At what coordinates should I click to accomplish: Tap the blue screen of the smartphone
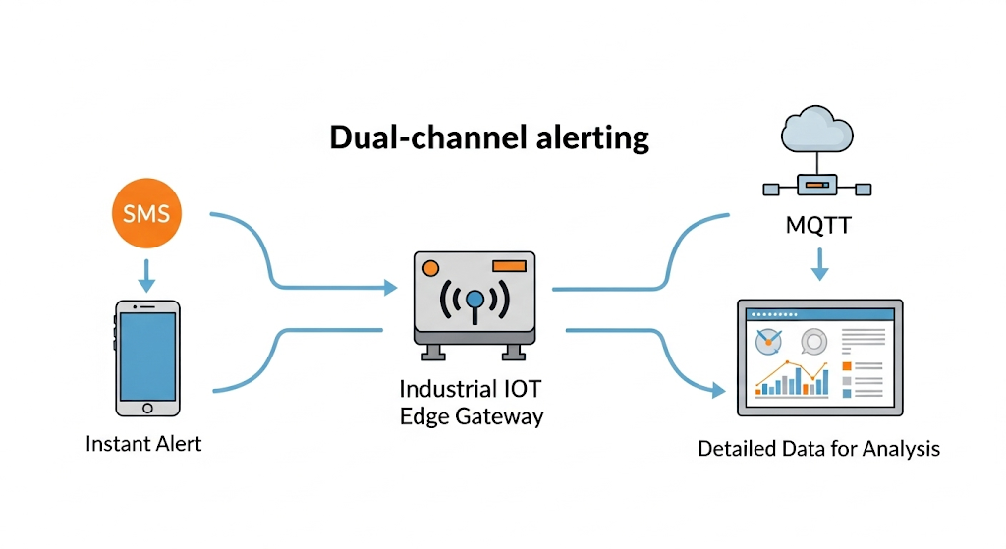click(146, 355)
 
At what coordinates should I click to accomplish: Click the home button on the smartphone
click(146, 407)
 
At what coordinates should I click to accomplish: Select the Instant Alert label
click(143, 443)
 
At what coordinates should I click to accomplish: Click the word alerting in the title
click(592, 137)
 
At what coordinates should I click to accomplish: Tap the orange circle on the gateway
click(429, 266)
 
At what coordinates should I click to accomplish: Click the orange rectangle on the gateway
click(508, 265)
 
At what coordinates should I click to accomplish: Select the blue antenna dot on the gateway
click(475, 299)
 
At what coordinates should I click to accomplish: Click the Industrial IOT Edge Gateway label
click(472, 402)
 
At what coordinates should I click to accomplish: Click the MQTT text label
click(818, 226)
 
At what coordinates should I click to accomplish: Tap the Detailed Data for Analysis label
click(818, 449)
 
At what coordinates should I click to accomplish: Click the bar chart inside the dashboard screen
click(792, 377)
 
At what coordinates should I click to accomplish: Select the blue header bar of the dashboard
click(818, 314)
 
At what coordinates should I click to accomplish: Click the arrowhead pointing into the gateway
click(390, 288)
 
